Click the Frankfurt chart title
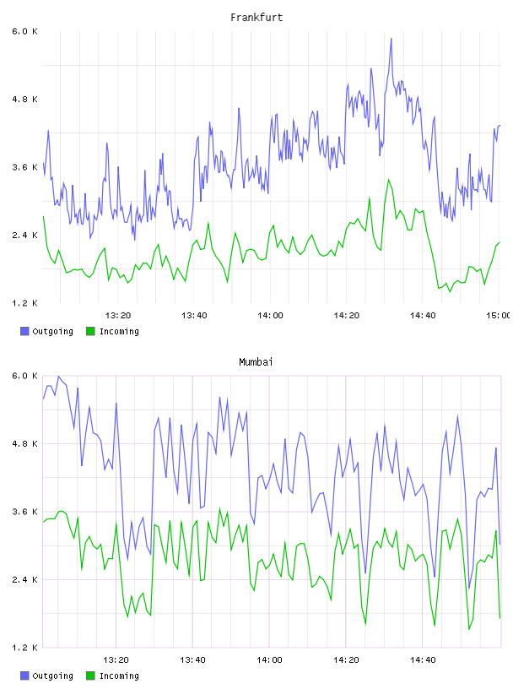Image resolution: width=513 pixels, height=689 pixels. (256, 18)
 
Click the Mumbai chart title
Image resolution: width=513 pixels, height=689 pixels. (256, 362)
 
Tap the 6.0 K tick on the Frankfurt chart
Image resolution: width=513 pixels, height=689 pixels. (25, 31)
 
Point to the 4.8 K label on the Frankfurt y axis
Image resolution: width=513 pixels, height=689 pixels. (25, 100)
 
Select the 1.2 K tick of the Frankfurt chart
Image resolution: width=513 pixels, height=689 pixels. (25, 303)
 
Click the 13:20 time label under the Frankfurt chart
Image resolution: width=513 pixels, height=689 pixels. (118, 316)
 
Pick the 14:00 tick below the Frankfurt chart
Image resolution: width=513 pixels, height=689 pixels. (270, 316)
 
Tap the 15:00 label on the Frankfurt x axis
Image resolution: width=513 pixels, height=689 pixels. (498, 316)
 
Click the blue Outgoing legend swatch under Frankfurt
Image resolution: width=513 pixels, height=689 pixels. (24, 331)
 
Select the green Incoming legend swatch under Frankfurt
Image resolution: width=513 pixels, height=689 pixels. (90, 331)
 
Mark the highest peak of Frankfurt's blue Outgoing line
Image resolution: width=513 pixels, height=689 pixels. (391, 39)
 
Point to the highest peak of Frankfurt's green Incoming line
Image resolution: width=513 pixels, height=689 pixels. (388, 179)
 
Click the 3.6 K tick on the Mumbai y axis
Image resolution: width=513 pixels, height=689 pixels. (25, 512)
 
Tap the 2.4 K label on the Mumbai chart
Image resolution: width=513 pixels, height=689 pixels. (25, 580)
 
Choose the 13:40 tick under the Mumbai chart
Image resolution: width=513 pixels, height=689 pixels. (192, 660)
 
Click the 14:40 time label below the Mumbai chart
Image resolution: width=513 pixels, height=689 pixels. (423, 660)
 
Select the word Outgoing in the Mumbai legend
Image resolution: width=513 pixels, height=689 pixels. (52, 676)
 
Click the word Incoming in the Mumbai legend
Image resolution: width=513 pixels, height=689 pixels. (119, 676)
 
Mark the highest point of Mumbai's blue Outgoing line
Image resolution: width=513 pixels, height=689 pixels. (58, 376)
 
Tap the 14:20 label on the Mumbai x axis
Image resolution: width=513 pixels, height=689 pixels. (346, 660)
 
